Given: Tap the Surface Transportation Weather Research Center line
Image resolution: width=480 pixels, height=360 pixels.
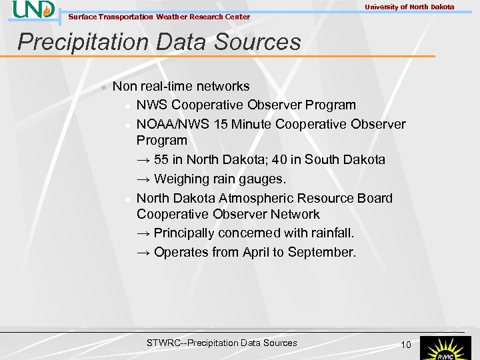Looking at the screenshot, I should [159, 17].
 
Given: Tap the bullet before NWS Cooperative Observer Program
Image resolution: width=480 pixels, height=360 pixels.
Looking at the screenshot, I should [126, 106].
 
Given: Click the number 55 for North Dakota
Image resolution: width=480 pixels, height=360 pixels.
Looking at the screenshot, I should [161, 160].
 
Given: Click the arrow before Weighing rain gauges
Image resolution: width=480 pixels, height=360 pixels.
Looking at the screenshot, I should [143, 179].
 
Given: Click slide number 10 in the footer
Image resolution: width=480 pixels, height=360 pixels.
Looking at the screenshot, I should [405, 344].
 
